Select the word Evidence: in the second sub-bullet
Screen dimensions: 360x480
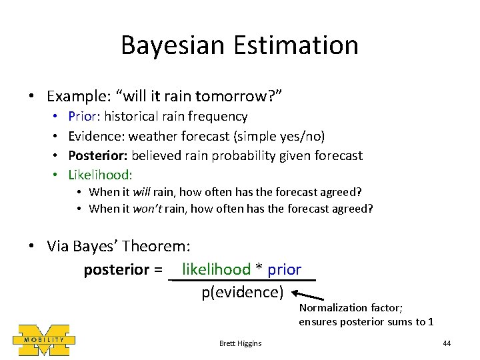pyautogui.click(x=97, y=136)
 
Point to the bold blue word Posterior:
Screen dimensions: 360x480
pyautogui.click(x=98, y=155)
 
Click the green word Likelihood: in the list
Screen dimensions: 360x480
pyautogui.click(x=101, y=175)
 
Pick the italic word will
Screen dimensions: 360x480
pyautogui.click(x=141, y=192)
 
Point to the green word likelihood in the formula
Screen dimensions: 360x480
pyautogui.click(x=216, y=269)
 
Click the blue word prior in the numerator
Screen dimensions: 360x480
pyautogui.click(x=285, y=270)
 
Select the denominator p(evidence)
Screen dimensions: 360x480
pyautogui.click(x=243, y=292)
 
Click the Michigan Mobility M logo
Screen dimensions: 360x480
pyautogui.click(x=44, y=339)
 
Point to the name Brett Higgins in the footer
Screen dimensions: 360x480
pyautogui.click(x=240, y=343)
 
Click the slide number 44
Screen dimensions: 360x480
pyautogui.click(x=447, y=343)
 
